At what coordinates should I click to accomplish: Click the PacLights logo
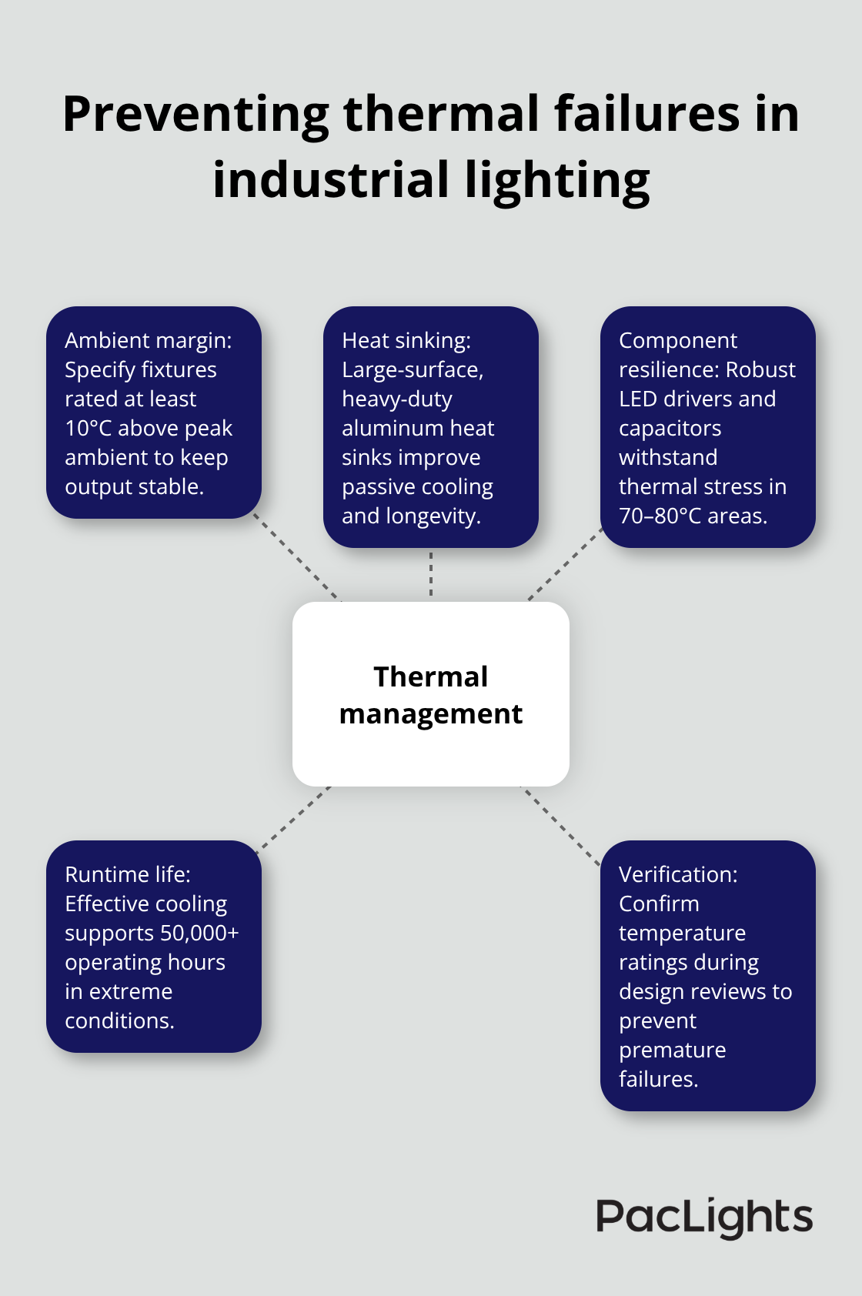(704, 1218)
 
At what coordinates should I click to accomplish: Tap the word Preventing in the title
(195, 115)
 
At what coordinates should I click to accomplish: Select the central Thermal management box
(431, 694)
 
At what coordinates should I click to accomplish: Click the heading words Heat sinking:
(406, 341)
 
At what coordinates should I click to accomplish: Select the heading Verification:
(677, 875)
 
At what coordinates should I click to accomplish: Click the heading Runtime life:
(127, 875)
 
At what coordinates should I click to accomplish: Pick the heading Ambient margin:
(148, 341)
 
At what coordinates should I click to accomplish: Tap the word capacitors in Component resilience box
(670, 429)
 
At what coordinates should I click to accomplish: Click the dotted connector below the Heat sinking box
(431, 574)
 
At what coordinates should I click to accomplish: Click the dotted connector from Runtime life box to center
(294, 819)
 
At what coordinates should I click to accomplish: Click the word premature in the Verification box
(672, 1050)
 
